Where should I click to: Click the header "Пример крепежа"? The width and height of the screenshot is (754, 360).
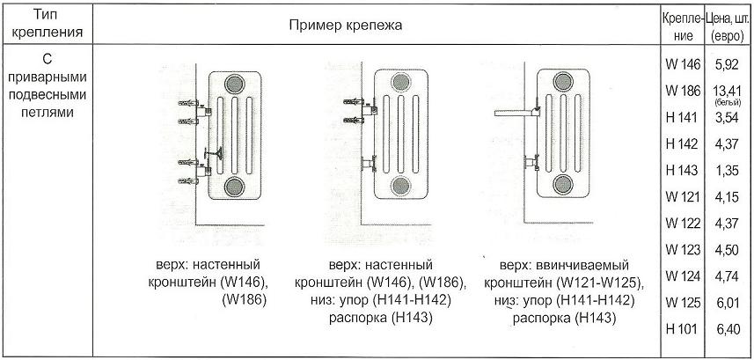click(x=346, y=25)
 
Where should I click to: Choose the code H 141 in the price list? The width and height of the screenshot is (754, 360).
click(x=681, y=117)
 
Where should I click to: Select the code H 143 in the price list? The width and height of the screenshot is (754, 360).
click(x=681, y=170)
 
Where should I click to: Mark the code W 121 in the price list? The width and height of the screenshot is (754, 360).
click(x=681, y=196)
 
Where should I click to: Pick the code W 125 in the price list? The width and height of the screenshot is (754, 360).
click(x=681, y=302)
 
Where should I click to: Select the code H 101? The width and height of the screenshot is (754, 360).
click(x=681, y=328)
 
